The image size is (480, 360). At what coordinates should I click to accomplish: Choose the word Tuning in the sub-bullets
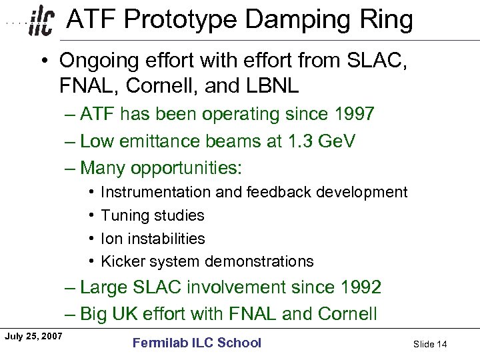[123, 215]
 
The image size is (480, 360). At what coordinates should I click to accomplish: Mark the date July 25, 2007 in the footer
[33, 336]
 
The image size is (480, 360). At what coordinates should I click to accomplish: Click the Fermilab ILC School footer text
[197, 343]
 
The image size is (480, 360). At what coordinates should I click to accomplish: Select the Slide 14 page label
[429, 344]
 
